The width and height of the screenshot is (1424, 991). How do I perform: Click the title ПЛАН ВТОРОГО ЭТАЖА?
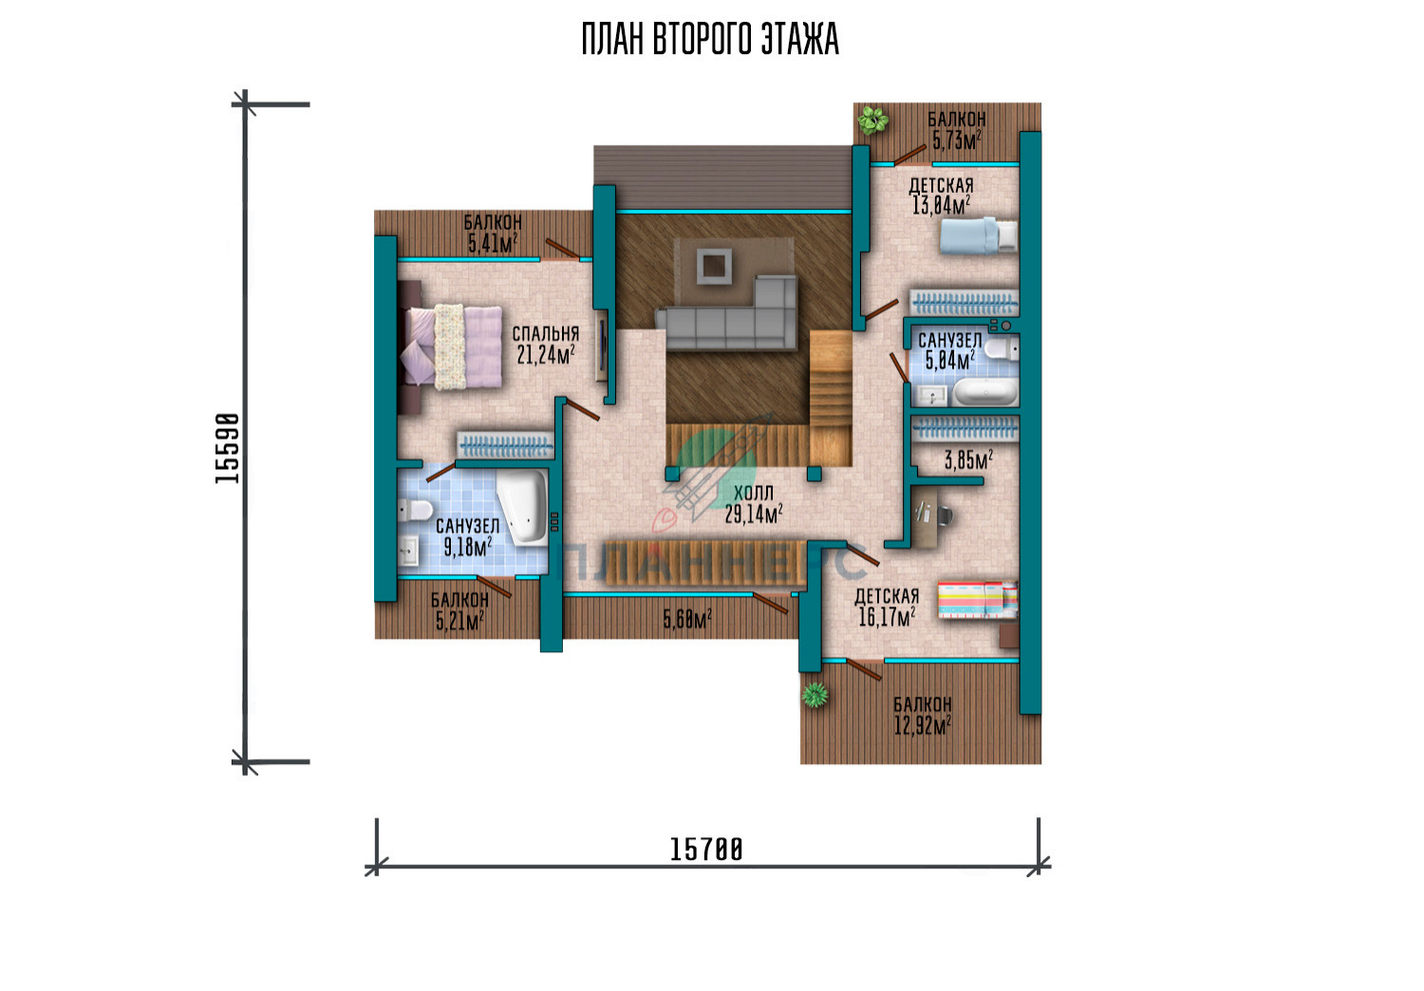click(710, 40)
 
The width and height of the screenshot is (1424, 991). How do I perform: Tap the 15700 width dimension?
click(706, 850)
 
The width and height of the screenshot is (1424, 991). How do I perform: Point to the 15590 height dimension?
click(227, 448)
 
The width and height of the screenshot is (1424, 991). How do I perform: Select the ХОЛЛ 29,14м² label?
click(754, 504)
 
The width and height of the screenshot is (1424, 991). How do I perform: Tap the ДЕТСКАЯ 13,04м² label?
click(942, 196)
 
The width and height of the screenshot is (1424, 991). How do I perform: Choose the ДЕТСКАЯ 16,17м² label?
click(887, 608)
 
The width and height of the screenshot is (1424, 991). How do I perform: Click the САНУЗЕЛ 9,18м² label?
click(467, 537)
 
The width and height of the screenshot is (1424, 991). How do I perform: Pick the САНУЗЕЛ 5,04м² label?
click(949, 351)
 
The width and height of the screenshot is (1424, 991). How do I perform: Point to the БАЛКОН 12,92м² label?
click(923, 715)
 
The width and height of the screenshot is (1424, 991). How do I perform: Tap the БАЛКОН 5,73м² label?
click(956, 130)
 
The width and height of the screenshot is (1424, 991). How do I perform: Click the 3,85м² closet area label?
click(968, 459)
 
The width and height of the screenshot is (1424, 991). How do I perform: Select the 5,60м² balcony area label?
click(687, 619)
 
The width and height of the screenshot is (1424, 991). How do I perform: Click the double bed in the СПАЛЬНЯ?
click(450, 347)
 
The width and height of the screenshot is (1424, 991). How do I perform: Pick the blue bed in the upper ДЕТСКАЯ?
click(979, 235)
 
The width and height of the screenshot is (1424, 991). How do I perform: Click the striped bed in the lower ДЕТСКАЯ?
click(978, 599)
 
